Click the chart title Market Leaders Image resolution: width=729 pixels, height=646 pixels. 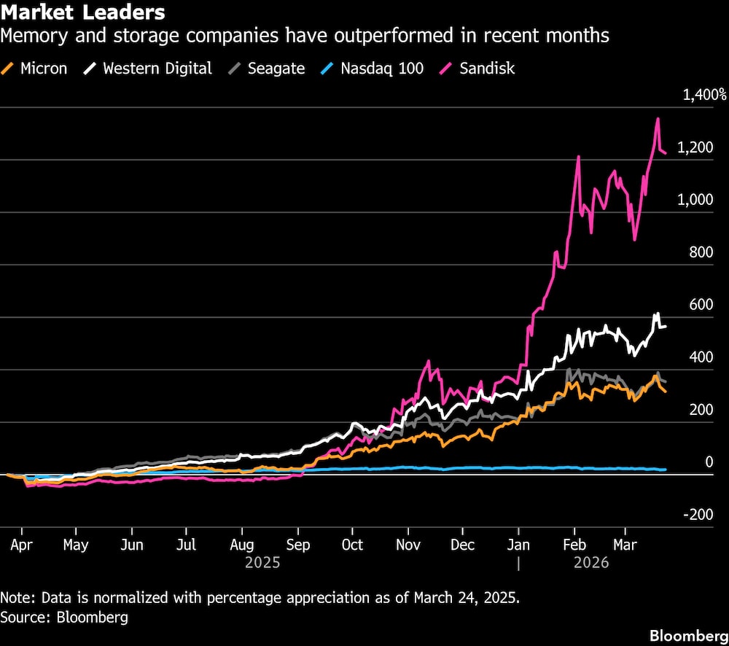pyautogui.click(x=82, y=13)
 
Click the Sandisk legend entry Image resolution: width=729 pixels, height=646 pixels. pyautogui.click(x=487, y=69)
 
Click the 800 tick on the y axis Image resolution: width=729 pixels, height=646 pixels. pyautogui.click(x=701, y=252)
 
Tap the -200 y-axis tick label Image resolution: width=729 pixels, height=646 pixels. pyautogui.click(x=699, y=515)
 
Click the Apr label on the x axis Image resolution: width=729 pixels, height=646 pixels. pyautogui.click(x=22, y=545)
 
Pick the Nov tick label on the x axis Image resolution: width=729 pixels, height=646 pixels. pyautogui.click(x=408, y=545)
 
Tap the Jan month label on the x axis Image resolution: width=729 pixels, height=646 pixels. pyautogui.click(x=518, y=545)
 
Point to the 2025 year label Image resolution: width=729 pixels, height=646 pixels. pyautogui.click(x=262, y=563)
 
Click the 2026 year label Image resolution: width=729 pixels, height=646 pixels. pyautogui.click(x=592, y=563)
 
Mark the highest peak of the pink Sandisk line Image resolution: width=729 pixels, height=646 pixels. pyautogui.click(x=658, y=119)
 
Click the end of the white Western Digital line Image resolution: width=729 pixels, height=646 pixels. pyautogui.click(x=665, y=326)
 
